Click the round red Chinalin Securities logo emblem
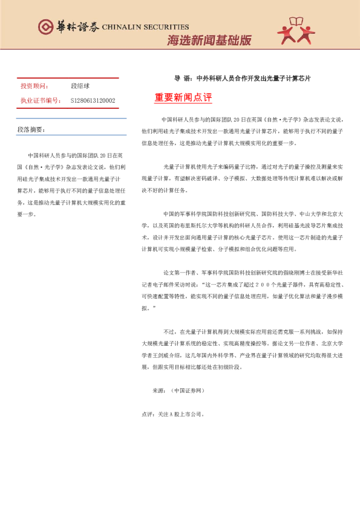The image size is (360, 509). (x=45, y=27)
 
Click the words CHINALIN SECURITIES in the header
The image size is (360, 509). (x=145, y=27)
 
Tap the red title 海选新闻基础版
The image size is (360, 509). (x=209, y=41)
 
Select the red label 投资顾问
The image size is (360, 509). (x=34, y=86)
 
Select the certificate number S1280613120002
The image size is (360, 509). (x=93, y=100)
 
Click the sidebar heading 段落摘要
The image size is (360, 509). (x=30, y=130)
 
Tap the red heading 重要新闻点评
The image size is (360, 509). (x=183, y=97)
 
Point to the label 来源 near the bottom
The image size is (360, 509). (x=159, y=391)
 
